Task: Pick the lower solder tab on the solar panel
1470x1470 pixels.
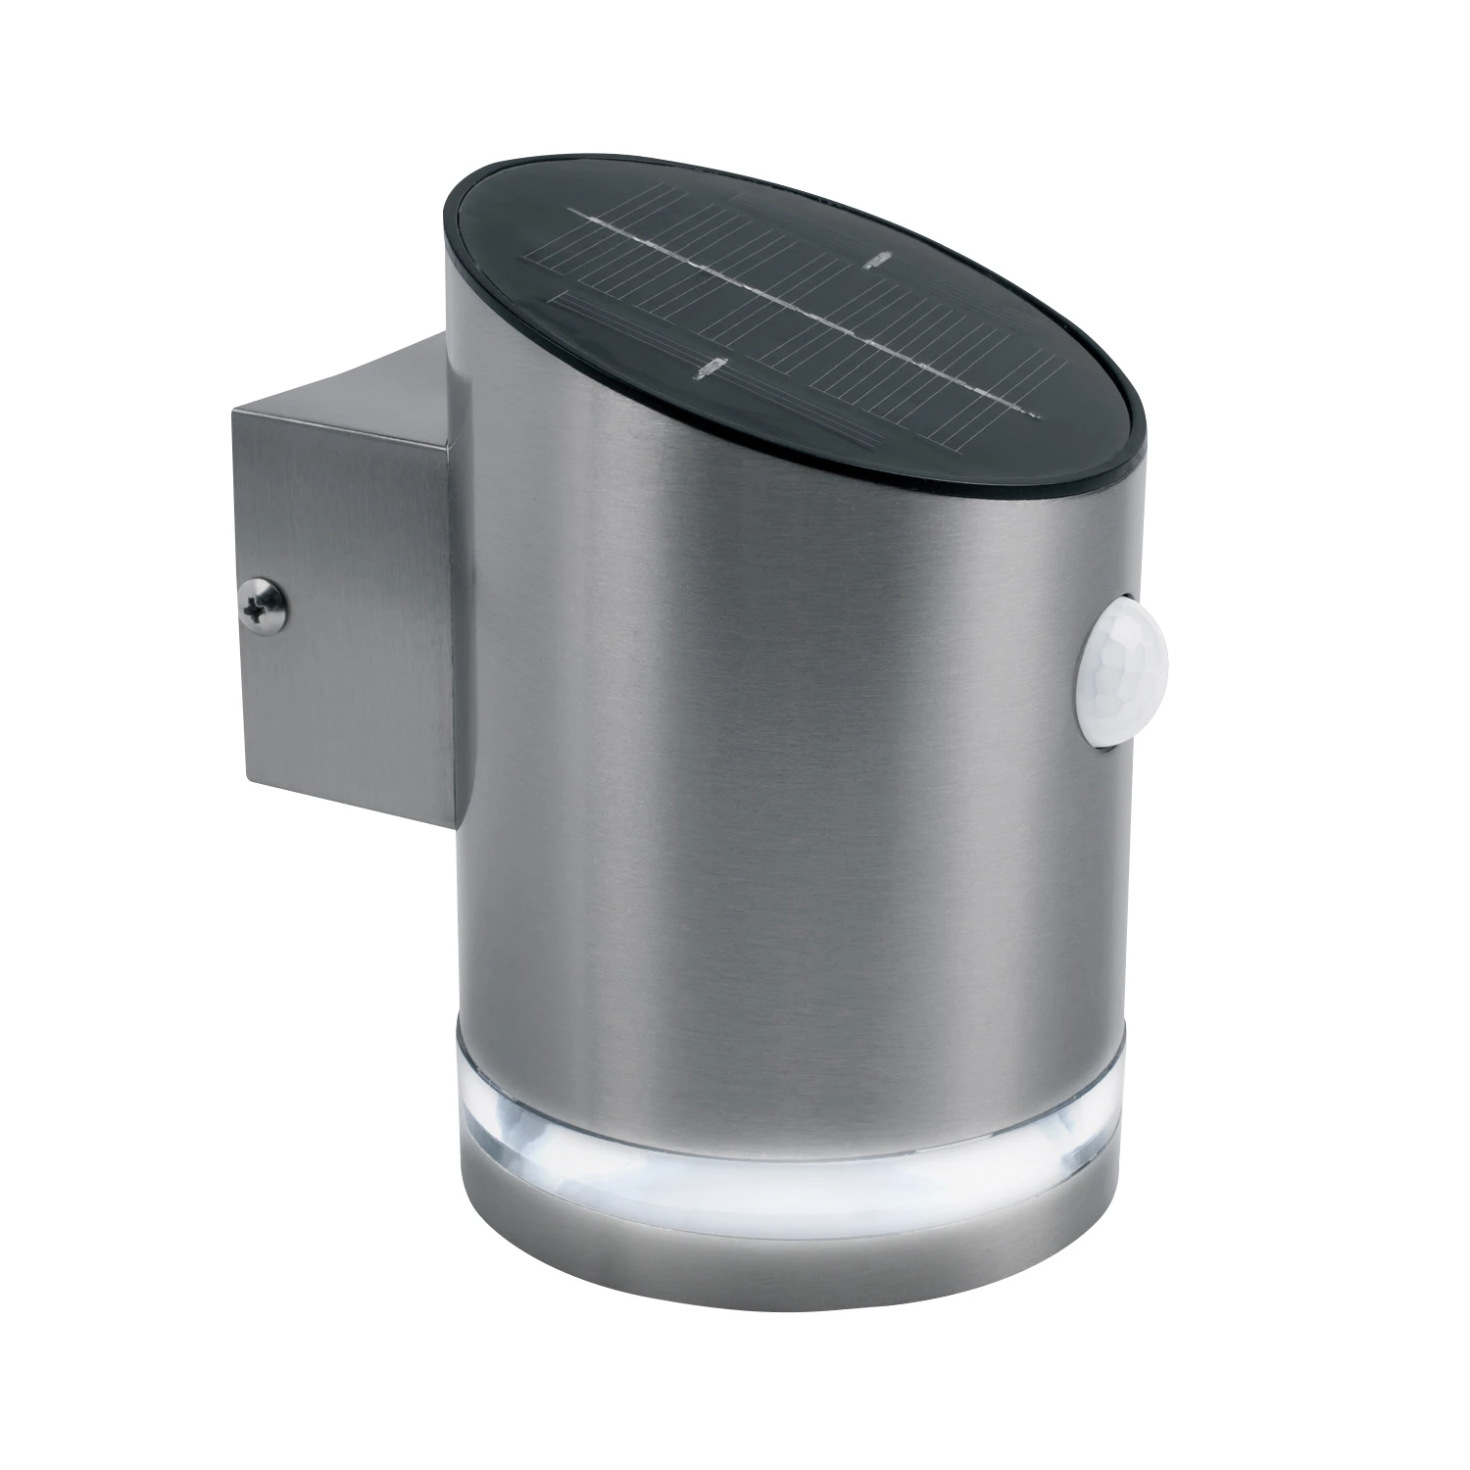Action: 708,369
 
